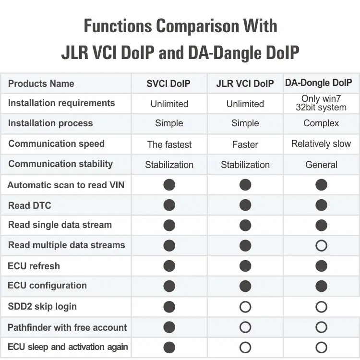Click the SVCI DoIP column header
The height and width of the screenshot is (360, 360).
tap(168, 84)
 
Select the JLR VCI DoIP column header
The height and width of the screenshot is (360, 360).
tap(245, 84)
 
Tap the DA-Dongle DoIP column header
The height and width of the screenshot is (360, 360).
tap(321, 83)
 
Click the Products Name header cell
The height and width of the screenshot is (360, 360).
tap(41, 84)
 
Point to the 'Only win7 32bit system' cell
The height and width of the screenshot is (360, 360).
tap(321, 103)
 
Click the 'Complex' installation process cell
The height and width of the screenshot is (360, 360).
tap(321, 123)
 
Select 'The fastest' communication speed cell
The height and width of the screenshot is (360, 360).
tap(169, 144)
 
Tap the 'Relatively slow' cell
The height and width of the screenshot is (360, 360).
tap(321, 144)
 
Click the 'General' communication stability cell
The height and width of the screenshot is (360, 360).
tap(321, 165)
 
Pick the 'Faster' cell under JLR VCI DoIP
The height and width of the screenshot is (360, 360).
tap(245, 144)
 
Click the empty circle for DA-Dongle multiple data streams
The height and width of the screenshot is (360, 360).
tap(322, 246)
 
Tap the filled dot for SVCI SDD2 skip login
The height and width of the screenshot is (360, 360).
tap(169, 307)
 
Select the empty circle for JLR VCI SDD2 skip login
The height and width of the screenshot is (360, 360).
tap(245, 307)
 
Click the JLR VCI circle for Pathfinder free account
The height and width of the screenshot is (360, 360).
tap(245, 327)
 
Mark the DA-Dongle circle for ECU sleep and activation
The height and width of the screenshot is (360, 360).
tap(322, 348)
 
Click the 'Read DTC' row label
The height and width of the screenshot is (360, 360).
tap(29, 205)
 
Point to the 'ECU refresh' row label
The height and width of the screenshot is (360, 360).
tap(34, 266)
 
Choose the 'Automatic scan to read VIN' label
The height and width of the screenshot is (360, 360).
tap(66, 185)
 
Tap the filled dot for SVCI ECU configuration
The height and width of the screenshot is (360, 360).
tap(169, 286)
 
